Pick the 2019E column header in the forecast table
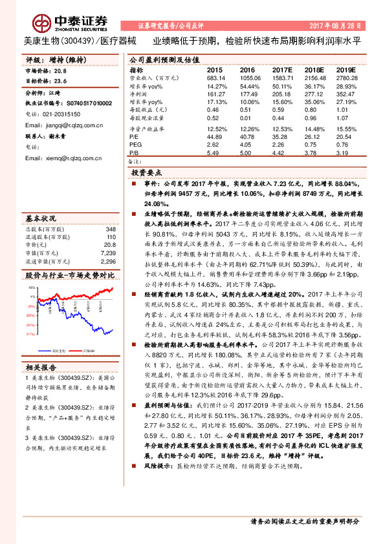pyautogui.click(x=346, y=69)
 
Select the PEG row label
pyautogui.click(x=135, y=145)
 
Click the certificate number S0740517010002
pyautogui.click(x=89, y=103)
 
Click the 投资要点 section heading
pyautogui.click(x=147, y=174)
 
